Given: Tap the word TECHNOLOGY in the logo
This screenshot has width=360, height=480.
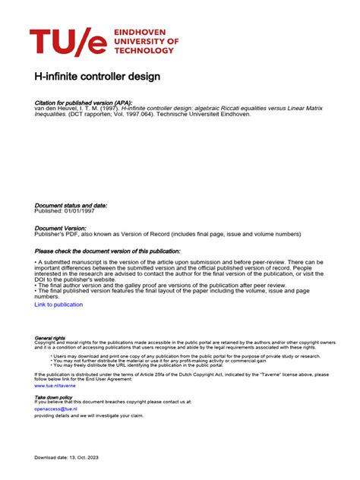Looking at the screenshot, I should (146, 51).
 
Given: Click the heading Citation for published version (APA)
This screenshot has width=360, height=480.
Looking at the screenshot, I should (84, 102).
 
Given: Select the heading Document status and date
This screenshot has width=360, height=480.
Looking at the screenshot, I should (71, 205).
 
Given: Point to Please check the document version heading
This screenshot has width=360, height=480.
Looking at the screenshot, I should (107, 251).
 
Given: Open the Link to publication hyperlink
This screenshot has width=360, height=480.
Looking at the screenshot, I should (58, 305).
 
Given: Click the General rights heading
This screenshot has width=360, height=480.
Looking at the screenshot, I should (49, 338).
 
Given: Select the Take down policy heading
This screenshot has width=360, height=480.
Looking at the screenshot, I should (53, 396).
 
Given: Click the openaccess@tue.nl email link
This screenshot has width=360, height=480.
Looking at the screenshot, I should (56, 409).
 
